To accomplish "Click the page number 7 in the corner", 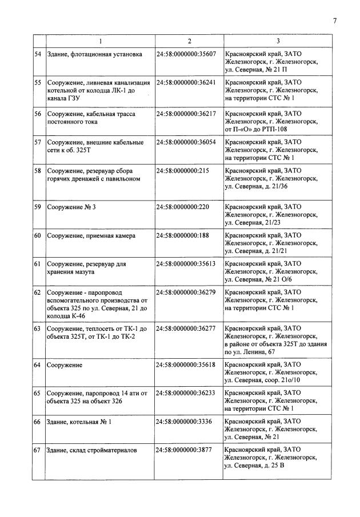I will click(x=335, y=21).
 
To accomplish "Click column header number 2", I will click(x=189, y=41).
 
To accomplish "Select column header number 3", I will click(x=278, y=41).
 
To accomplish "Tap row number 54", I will click(x=38, y=54).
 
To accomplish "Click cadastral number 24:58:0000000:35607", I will click(x=186, y=54).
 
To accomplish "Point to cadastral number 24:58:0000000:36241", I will click(x=186, y=83).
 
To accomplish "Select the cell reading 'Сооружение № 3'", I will click(x=71, y=207).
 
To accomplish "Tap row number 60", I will click(x=38, y=235).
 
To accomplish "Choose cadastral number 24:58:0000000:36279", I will click(x=186, y=292).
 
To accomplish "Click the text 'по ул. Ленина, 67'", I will click(x=250, y=351).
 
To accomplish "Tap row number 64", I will click(x=38, y=364).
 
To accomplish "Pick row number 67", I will click(x=38, y=450).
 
